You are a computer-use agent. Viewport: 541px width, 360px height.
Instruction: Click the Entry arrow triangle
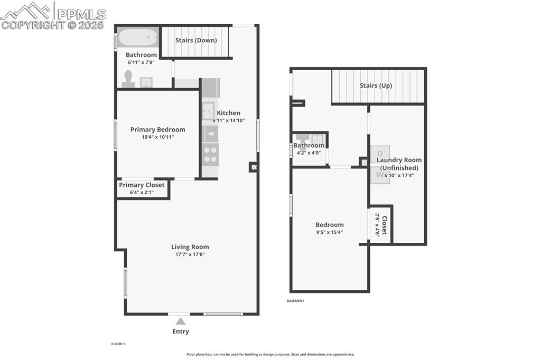click(x=181, y=321)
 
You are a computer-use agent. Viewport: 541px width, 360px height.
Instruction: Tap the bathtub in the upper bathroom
click(x=137, y=38)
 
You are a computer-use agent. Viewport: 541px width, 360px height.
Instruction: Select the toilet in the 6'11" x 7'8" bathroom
click(x=128, y=79)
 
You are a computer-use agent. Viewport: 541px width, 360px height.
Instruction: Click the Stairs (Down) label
click(x=196, y=40)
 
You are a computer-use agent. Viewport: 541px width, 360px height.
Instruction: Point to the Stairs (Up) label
click(x=376, y=86)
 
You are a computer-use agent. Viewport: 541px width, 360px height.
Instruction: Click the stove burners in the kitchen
click(x=210, y=154)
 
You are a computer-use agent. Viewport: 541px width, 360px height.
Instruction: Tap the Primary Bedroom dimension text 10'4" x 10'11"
click(x=157, y=137)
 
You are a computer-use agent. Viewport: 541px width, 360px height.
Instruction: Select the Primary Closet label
click(x=142, y=185)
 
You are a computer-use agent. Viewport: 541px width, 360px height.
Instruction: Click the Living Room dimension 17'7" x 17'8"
click(x=190, y=254)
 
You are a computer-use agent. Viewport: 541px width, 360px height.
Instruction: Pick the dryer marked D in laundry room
click(x=380, y=154)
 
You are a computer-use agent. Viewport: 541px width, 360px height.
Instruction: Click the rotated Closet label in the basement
click(x=385, y=225)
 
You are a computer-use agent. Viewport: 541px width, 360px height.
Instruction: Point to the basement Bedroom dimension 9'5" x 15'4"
click(x=330, y=232)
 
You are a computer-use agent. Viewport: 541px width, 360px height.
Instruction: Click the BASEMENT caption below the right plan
click(x=295, y=301)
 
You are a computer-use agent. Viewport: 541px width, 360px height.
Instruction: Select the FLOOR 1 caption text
click(x=118, y=344)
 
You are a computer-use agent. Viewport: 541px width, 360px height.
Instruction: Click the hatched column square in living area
click(x=254, y=167)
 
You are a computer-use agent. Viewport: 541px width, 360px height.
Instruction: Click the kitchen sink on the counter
click(x=208, y=111)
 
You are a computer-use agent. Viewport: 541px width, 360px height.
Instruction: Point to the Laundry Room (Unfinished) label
click(x=399, y=164)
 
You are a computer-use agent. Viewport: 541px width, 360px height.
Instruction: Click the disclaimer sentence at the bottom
click(x=270, y=355)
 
